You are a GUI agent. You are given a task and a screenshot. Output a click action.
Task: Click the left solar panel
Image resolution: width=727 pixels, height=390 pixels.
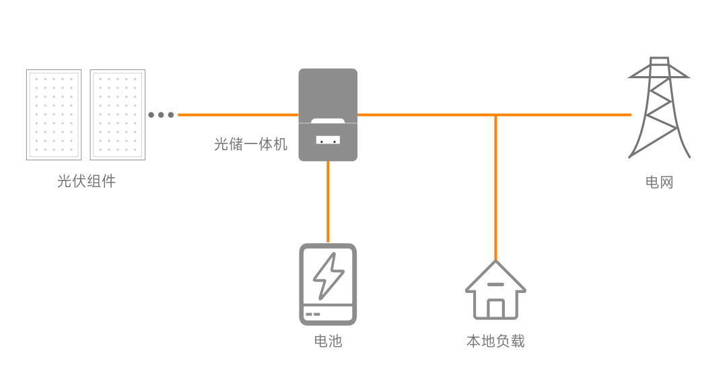click(54, 115)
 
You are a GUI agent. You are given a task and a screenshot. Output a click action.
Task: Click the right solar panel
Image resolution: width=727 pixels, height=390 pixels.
click(118, 115)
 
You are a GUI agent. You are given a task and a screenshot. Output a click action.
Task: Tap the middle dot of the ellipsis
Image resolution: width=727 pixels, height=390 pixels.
click(161, 115)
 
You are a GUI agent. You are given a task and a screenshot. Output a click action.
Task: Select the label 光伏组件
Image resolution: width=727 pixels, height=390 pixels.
click(86, 181)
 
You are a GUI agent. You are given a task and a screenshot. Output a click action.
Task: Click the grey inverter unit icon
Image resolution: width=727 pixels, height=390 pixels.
click(328, 115)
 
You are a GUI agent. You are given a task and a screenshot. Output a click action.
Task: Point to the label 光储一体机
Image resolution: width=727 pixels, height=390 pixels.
click(250, 144)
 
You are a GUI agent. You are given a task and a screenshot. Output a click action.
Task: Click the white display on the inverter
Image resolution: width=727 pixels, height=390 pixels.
click(328, 139)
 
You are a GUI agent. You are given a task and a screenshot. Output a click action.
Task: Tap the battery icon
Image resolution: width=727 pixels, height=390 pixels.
click(328, 284)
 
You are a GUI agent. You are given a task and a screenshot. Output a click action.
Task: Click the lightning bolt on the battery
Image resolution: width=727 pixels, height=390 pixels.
click(328, 276)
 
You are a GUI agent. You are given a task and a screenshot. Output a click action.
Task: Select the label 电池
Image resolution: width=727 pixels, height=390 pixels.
click(328, 341)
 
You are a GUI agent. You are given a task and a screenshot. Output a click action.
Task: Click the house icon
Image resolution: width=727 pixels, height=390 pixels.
click(495, 290)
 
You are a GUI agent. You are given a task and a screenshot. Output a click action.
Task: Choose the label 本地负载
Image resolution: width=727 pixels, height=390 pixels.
click(495, 341)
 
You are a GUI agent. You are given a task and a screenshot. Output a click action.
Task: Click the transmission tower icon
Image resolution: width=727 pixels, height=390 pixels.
click(659, 108)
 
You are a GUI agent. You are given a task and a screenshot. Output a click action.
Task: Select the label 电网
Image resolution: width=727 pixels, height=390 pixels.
click(659, 182)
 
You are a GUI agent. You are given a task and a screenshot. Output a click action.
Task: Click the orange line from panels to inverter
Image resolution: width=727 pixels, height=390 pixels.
click(238, 115)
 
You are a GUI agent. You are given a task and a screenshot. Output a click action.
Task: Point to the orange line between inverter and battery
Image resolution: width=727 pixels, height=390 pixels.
click(328, 202)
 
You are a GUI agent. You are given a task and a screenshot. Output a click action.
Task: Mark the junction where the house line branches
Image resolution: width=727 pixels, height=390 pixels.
click(495, 115)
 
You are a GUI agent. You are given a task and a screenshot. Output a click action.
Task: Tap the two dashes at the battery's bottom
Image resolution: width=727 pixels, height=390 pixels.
click(313, 315)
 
